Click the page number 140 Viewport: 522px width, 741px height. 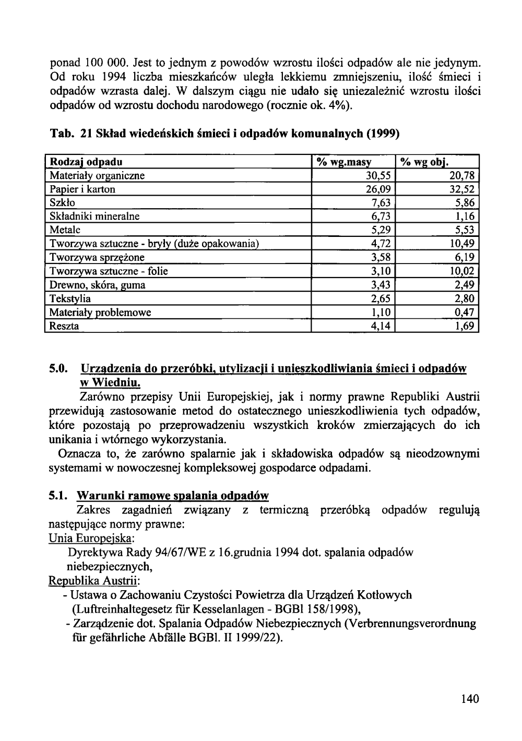[470, 699]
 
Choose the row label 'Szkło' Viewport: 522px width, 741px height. [62, 203]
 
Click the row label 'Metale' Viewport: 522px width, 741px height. [65, 230]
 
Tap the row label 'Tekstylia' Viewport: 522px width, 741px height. [70, 299]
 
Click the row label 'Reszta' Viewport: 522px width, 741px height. [64, 327]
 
